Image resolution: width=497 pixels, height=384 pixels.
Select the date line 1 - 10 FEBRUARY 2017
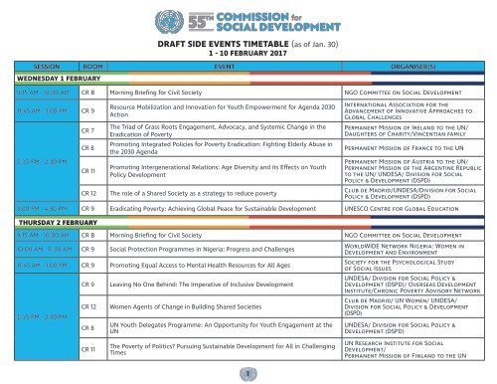click(248, 58)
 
